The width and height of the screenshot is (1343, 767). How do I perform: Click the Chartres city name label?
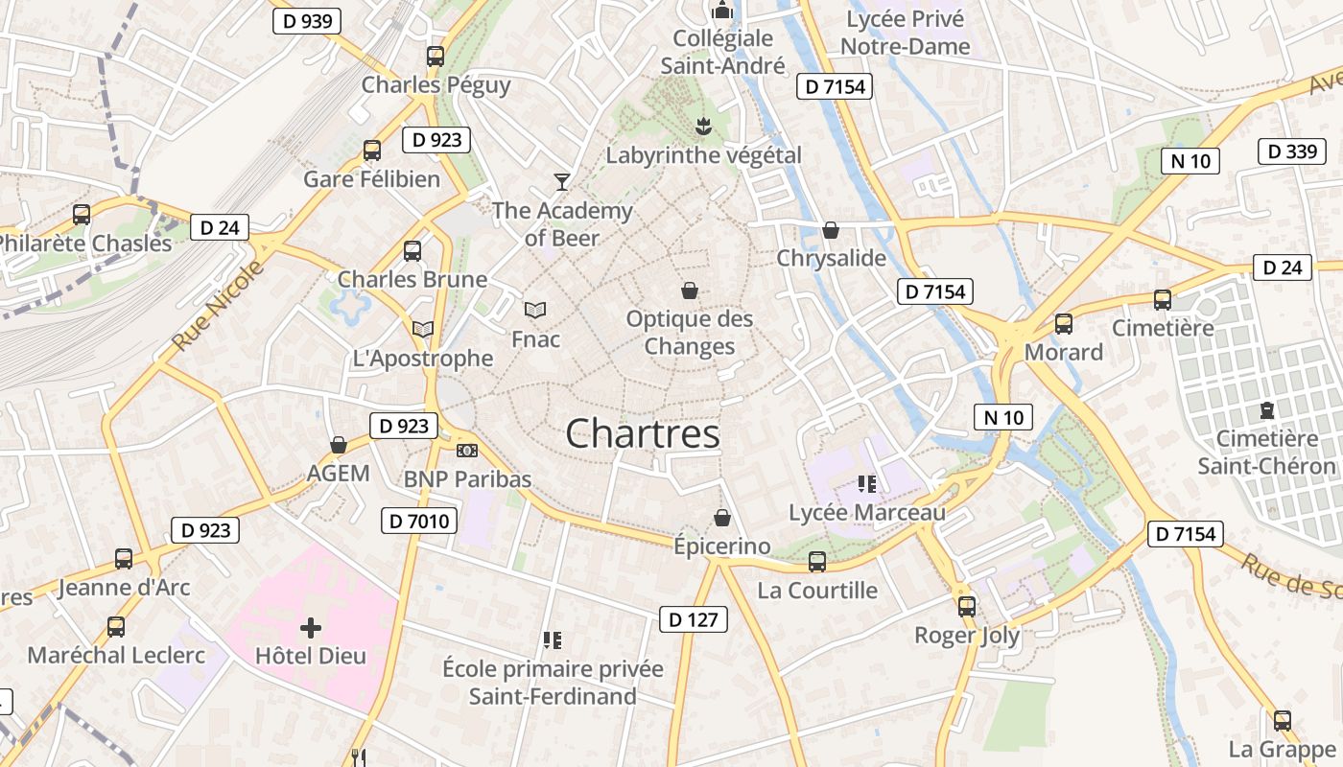pos(643,434)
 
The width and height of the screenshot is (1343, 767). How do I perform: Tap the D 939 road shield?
pos(307,21)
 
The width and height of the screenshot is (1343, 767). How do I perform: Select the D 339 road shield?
pos(1291,151)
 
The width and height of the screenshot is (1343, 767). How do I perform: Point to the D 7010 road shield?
pos(419,522)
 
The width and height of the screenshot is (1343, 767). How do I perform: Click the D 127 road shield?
pos(694,619)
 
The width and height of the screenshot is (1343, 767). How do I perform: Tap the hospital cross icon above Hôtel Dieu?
pos(311,629)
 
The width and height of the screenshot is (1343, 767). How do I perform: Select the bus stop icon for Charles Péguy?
pos(436,57)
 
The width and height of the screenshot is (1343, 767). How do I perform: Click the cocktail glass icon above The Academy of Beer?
pos(562,181)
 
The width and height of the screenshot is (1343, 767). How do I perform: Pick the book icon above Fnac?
pos(535,311)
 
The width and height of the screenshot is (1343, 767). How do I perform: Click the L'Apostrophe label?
pos(423,359)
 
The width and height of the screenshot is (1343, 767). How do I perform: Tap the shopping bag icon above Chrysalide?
pos(831,231)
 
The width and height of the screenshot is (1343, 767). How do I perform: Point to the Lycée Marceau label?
pos(867,513)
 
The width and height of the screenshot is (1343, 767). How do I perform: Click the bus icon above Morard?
pos(1064,324)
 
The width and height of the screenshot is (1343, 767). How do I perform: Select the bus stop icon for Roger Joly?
pos(967,606)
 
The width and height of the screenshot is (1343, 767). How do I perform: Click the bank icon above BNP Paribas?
pos(467,451)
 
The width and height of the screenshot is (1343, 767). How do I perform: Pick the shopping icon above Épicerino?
pos(722,519)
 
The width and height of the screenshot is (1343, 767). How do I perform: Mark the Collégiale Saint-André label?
pos(722,52)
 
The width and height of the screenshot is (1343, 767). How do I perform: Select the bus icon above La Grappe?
pos(1283,721)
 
